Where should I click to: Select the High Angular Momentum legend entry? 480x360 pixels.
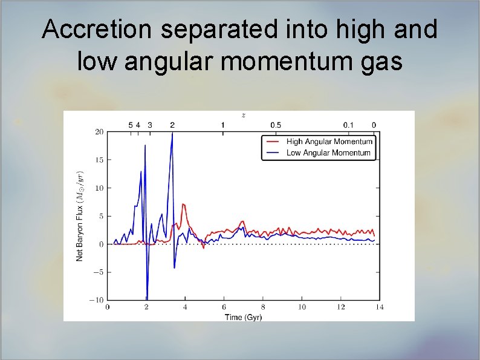pyautogui.click(x=329, y=142)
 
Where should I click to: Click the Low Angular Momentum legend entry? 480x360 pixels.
pyautogui.click(x=328, y=152)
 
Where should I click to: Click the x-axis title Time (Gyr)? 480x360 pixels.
pyautogui.click(x=243, y=317)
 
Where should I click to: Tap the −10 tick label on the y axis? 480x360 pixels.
pyautogui.click(x=97, y=300)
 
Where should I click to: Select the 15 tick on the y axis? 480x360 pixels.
pyautogui.click(x=99, y=160)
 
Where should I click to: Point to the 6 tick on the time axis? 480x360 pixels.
pyautogui.click(x=224, y=307)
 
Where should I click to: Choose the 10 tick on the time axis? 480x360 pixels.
pyautogui.click(x=302, y=307)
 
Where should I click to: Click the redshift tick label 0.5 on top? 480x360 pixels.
pyautogui.click(x=275, y=125)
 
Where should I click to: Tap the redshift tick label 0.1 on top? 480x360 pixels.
pyautogui.click(x=349, y=125)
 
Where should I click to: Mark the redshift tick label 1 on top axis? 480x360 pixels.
pyautogui.click(x=223, y=125)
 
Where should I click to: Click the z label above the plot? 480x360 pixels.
pyautogui.click(x=243, y=115)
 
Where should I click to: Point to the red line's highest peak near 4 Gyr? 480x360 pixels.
pyautogui.click(x=183, y=205)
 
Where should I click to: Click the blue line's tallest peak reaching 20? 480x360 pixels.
pyautogui.click(x=172, y=134)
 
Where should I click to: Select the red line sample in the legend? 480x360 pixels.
pyautogui.click(x=272, y=142)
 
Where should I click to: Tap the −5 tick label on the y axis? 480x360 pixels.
pyautogui.click(x=98, y=272)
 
